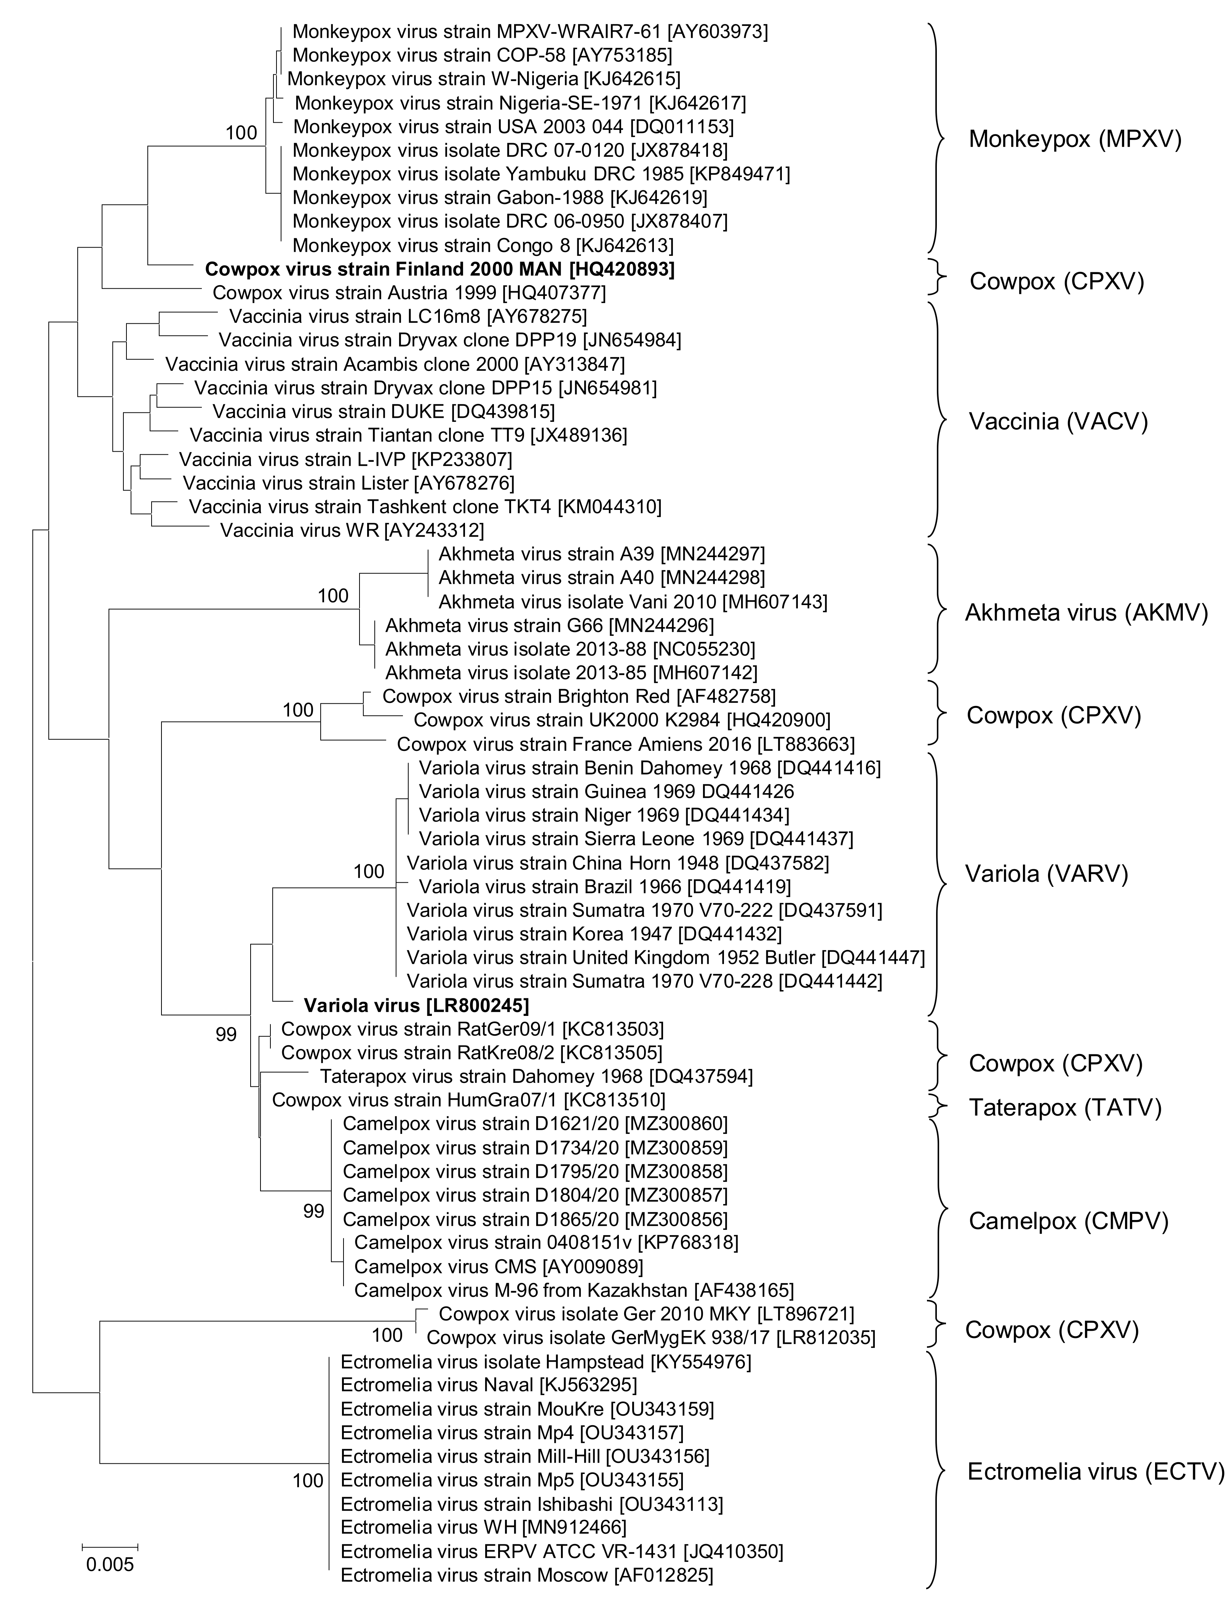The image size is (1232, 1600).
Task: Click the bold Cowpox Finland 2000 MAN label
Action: tap(440, 269)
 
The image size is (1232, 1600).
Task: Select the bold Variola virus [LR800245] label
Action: tap(416, 1004)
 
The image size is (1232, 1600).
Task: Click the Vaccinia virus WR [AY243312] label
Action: tap(352, 529)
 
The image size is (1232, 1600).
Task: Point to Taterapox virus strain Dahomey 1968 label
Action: tap(536, 1076)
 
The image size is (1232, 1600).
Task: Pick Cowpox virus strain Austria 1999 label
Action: tap(409, 292)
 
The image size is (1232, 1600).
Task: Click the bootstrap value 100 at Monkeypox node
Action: tap(241, 133)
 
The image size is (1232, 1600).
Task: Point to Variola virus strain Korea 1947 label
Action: tap(594, 933)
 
